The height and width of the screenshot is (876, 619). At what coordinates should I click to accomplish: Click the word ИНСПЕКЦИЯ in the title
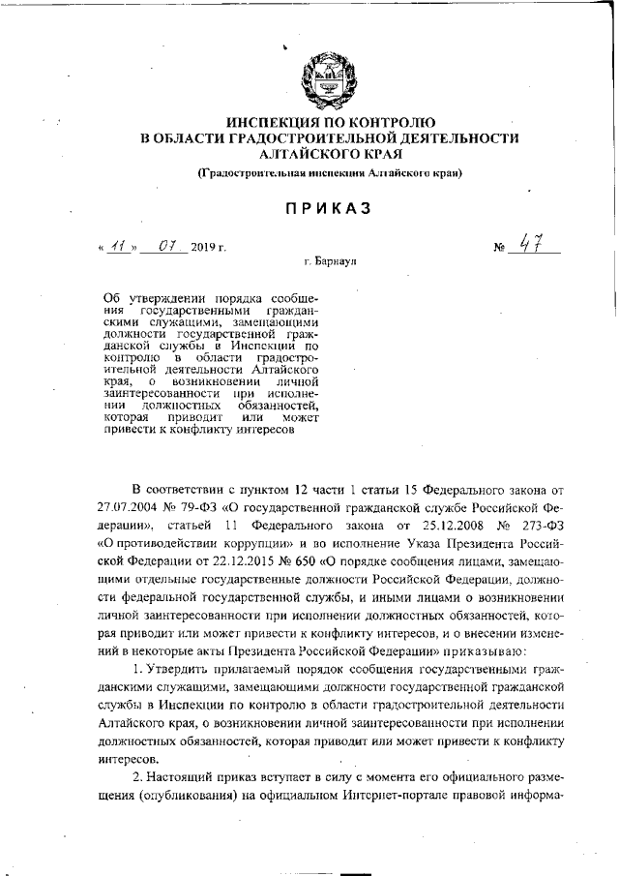click(x=273, y=122)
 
